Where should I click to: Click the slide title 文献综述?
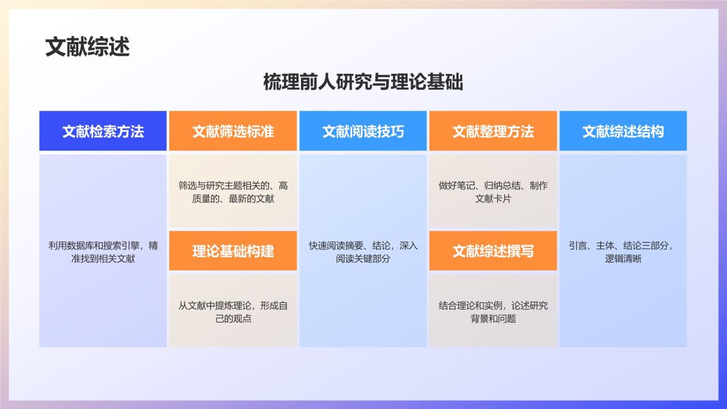pyautogui.click(x=87, y=47)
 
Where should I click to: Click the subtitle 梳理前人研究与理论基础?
pyautogui.click(x=363, y=82)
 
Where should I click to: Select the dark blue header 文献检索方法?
pyautogui.click(x=103, y=131)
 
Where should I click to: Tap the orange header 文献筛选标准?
pyautogui.click(x=233, y=131)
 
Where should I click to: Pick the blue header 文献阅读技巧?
pyautogui.click(x=363, y=131)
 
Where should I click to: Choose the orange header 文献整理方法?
pyautogui.click(x=493, y=131)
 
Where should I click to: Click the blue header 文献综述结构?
pyautogui.click(x=623, y=131)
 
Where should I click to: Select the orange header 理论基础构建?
pyautogui.click(x=233, y=251)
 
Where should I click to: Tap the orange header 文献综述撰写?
pyautogui.click(x=493, y=251)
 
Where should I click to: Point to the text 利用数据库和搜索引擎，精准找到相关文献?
pyautogui.click(x=103, y=252)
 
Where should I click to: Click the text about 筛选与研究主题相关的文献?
pyautogui.click(x=233, y=192)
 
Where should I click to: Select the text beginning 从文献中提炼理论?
pyautogui.click(x=233, y=312)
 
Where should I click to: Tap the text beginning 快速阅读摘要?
pyautogui.click(x=363, y=252)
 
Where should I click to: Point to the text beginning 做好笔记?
pyautogui.click(x=493, y=192)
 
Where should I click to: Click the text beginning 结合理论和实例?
pyautogui.click(x=493, y=312)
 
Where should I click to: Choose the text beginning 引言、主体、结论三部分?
pyautogui.click(x=623, y=246)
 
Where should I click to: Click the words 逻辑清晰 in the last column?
pyautogui.click(x=623, y=259)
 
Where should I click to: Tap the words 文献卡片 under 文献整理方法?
pyautogui.click(x=493, y=199)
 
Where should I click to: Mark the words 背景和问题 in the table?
pyautogui.click(x=493, y=319)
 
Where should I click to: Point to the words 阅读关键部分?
pyautogui.click(x=363, y=259)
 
